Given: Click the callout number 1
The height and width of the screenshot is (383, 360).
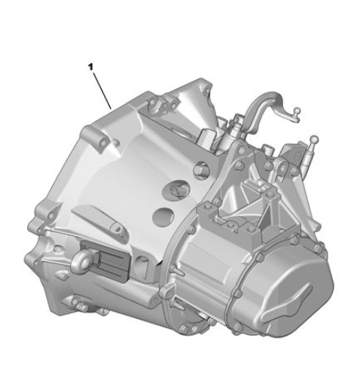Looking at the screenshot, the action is click(x=90, y=67).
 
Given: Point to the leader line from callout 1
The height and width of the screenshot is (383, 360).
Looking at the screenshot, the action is click(x=102, y=90).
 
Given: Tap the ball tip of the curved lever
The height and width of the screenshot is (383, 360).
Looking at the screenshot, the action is click(x=297, y=110).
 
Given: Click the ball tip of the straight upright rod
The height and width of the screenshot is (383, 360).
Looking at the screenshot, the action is click(x=314, y=139).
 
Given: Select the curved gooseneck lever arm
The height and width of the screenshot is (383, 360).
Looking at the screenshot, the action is click(x=266, y=106).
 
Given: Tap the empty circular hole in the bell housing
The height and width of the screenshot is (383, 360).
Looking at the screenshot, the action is click(x=163, y=216).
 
